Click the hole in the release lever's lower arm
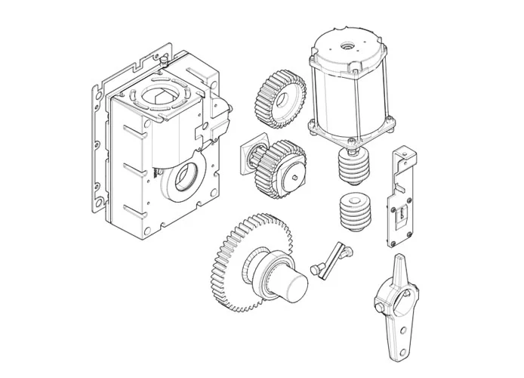[402, 332]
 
